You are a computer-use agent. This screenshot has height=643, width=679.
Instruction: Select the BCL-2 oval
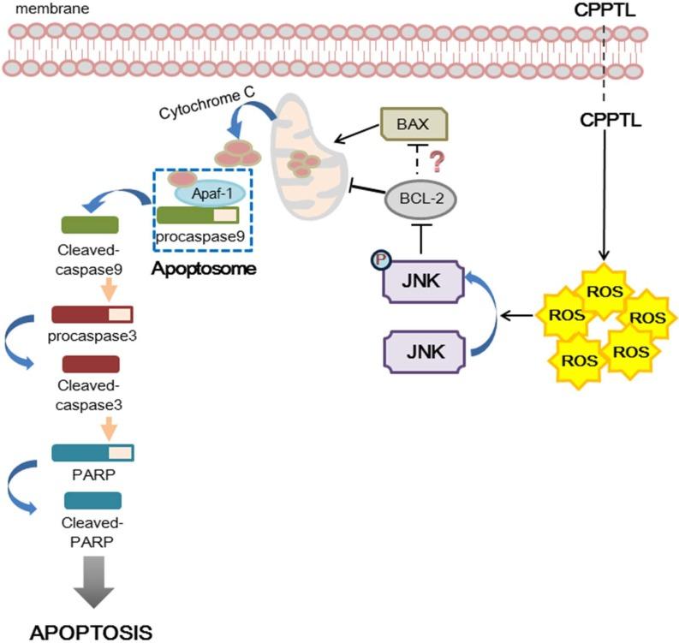(420, 203)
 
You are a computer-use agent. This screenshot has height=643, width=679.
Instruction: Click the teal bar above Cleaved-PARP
(92, 500)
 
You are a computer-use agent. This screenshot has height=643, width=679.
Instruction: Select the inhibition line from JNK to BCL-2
(421, 239)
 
